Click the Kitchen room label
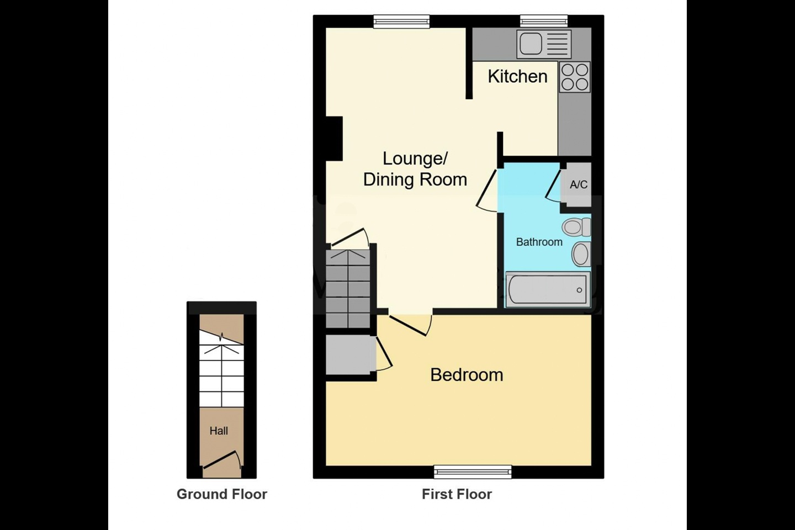point(517,76)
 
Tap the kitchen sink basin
point(531,44)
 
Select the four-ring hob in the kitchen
point(575,77)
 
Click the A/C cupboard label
point(579,184)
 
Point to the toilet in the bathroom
point(576,227)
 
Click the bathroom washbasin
point(581,254)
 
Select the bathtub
point(548,289)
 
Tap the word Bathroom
point(539,242)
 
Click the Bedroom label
point(467,375)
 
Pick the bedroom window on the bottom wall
point(473,472)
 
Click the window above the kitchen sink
point(544,21)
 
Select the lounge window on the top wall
point(401,22)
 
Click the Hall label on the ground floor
point(219,431)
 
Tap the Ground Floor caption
point(222,494)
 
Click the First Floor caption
point(457,494)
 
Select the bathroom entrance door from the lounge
point(486,191)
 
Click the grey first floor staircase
point(348,289)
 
